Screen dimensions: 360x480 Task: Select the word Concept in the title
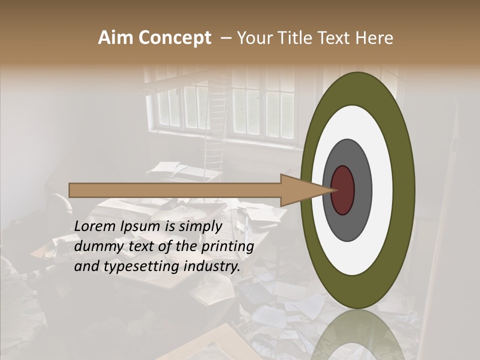click(x=174, y=38)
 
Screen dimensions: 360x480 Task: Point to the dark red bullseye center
click(x=343, y=190)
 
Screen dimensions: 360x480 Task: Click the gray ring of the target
click(x=362, y=190)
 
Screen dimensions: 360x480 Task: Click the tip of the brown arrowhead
click(x=334, y=190)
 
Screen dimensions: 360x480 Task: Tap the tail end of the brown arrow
click(x=70, y=190)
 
